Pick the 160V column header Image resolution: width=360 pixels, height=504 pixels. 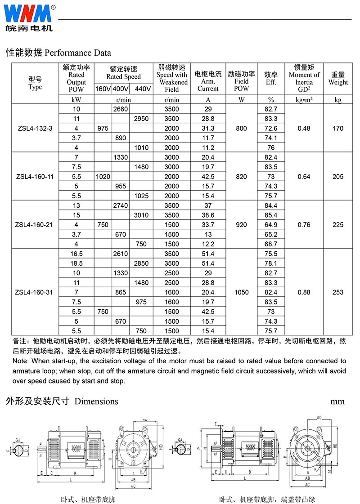tap(103, 89)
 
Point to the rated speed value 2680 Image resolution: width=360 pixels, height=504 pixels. tap(121, 109)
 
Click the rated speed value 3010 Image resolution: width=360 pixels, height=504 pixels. tap(141, 215)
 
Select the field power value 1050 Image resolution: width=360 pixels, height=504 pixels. tap(241, 292)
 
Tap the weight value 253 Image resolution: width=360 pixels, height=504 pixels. tap(338, 292)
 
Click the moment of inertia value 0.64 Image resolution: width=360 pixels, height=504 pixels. tap(304, 177)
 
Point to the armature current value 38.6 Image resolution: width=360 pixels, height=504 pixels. tap(208, 215)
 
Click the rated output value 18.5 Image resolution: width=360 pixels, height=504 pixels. tap(76, 263)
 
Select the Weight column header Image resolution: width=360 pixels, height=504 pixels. tap(338, 79)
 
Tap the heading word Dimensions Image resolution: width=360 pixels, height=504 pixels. tap(96, 401)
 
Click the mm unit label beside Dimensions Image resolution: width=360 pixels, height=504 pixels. tap(337, 401)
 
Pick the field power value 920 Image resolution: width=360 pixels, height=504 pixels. tap(241, 225)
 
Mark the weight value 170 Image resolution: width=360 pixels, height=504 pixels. tap(338, 129)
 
